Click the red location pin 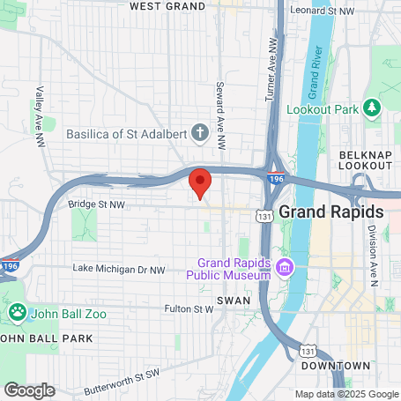pos(200,182)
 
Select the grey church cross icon pos(200,134)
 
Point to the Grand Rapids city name pos(331,212)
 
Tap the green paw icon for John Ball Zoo pos(17,311)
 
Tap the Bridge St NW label pos(98,204)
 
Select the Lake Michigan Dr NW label pos(119,268)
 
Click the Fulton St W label pos(189,309)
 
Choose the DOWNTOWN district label pos(335,366)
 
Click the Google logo pos(29,390)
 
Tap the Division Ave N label pos(373,256)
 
